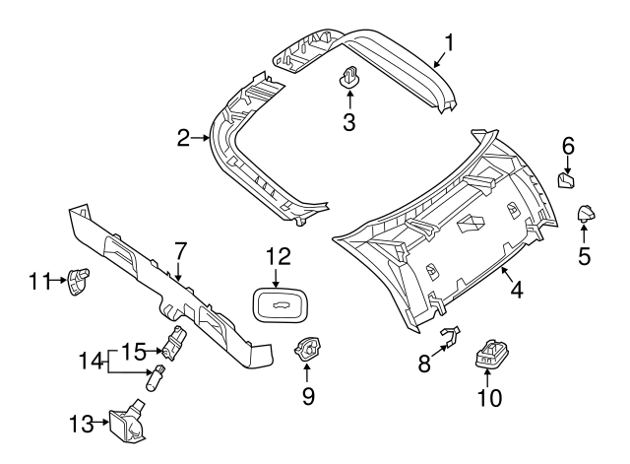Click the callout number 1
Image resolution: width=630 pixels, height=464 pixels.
449,43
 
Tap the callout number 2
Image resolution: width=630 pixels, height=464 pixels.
183,138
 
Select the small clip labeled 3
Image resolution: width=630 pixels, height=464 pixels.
348,77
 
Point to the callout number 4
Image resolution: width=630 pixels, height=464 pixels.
516,290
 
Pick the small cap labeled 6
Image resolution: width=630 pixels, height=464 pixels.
566,180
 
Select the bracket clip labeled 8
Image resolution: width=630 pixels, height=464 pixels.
451,336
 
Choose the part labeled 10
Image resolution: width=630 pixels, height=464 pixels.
490,354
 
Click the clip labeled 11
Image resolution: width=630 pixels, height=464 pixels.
79,281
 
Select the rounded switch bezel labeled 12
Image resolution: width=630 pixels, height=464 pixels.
279,305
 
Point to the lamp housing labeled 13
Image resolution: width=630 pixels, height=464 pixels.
129,421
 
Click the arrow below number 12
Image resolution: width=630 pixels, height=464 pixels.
276,278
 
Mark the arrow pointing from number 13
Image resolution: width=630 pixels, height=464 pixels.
100,423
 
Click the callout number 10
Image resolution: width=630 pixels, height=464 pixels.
490,398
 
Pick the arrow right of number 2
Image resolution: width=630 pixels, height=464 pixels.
201,138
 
